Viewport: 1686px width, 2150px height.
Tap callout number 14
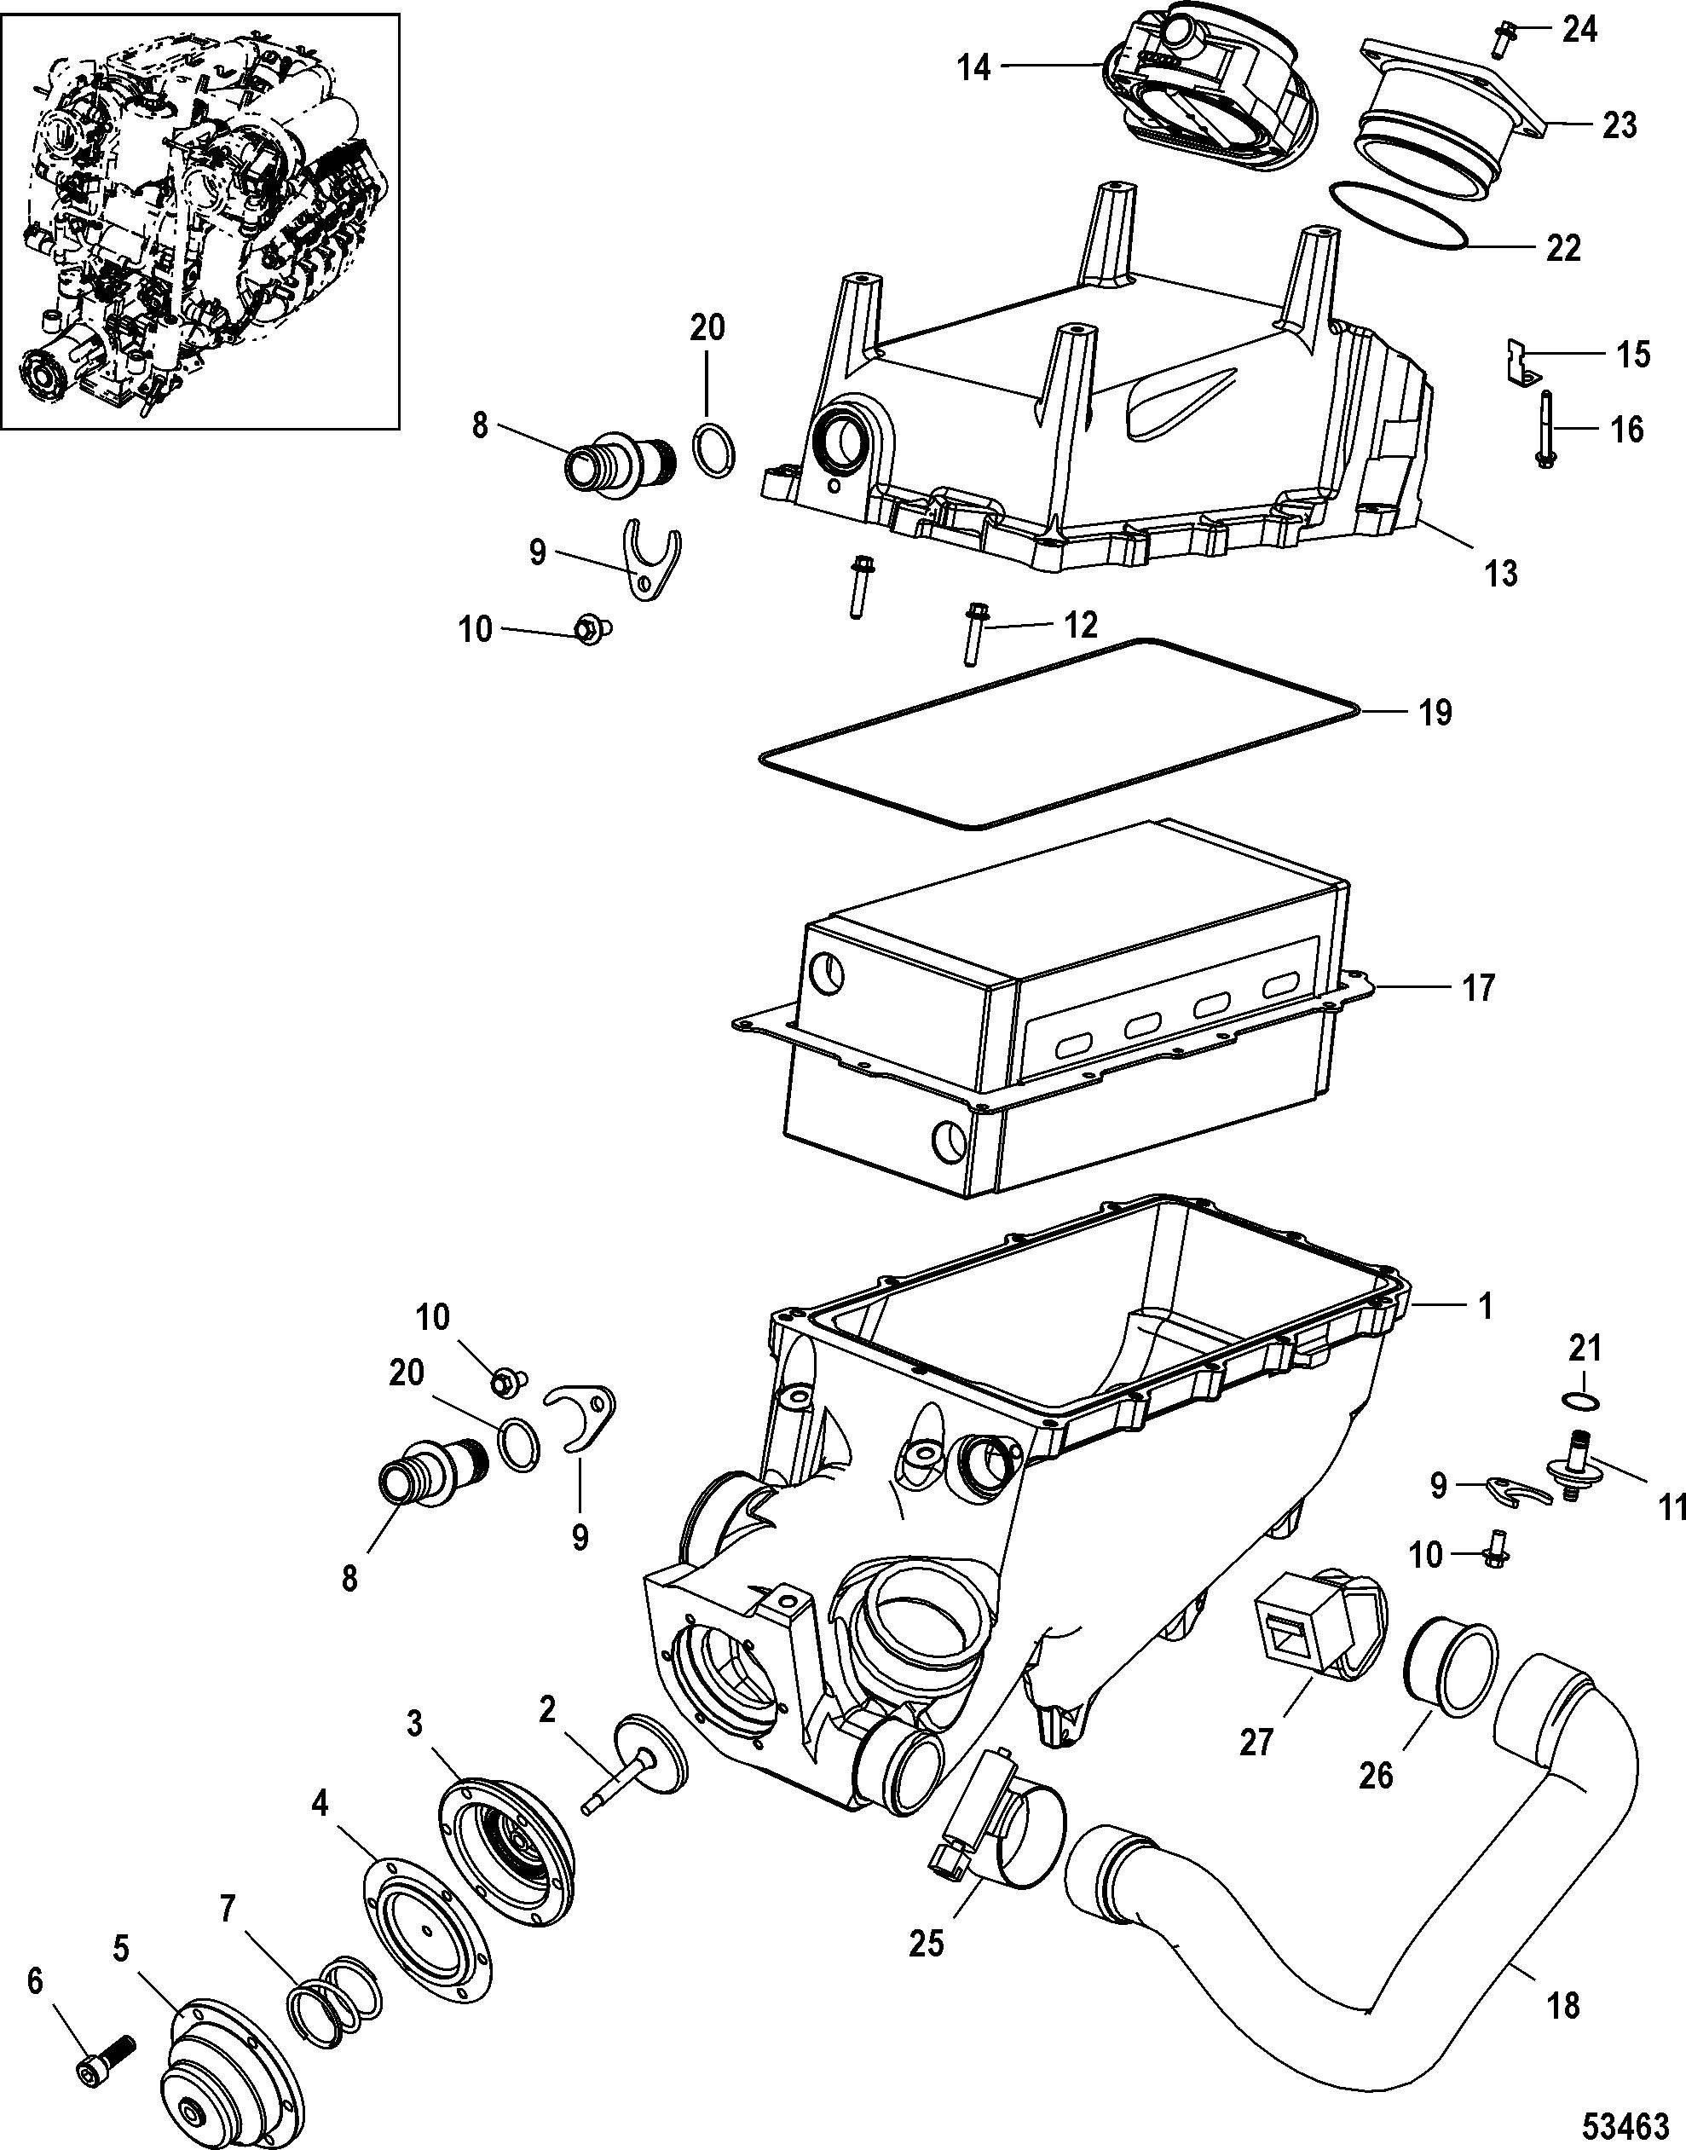[974, 68]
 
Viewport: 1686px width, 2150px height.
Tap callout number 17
[1478, 986]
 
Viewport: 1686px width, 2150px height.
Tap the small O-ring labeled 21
[1582, 1400]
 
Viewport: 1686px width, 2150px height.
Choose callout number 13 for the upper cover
[1501, 573]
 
